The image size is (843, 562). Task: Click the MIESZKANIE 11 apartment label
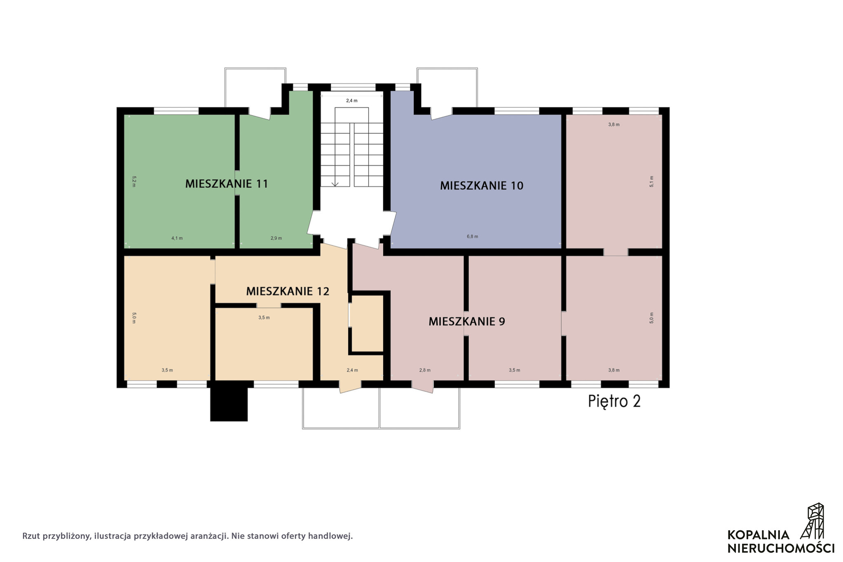[x=227, y=184]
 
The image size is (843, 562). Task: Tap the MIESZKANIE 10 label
[x=482, y=186]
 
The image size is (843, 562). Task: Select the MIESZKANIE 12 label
[x=288, y=291]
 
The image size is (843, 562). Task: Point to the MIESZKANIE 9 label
[x=467, y=321]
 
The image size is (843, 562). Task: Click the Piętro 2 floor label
[x=614, y=401]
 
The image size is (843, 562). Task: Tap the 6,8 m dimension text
[x=473, y=237]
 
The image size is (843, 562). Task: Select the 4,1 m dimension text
[x=177, y=238]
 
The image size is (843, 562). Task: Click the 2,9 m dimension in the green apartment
[x=276, y=238]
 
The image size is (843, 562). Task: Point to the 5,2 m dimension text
[x=134, y=181]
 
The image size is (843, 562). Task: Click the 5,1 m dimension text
[x=651, y=182]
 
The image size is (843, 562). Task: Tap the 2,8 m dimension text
[x=425, y=370]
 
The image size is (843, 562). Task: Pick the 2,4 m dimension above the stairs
[x=351, y=101]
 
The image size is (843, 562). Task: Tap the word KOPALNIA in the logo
[x=759, y=535]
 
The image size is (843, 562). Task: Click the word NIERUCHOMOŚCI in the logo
[x=781, y=548]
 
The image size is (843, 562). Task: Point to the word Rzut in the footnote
[x=31, y=536]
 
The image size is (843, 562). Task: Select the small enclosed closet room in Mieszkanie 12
[x=366, y=323]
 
